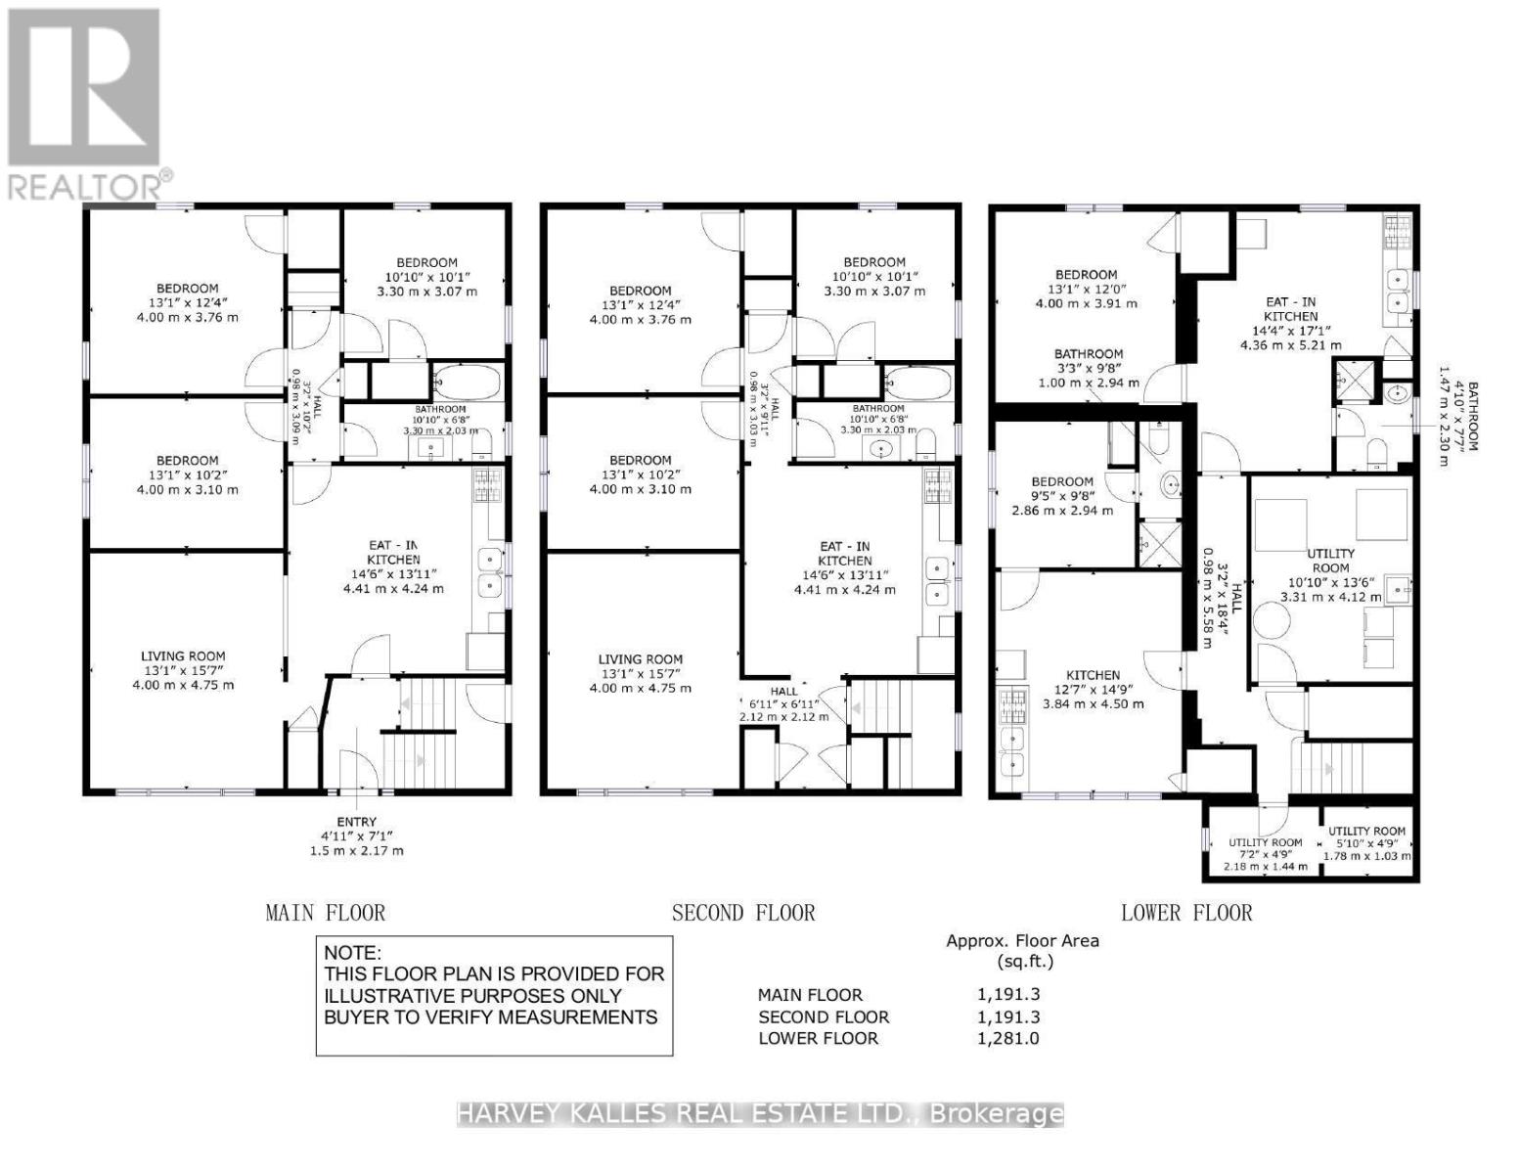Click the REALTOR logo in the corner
pos(85,103)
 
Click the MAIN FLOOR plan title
pos(325,913)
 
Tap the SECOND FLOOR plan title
pos(742,913)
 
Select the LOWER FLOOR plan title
pos(1185,913)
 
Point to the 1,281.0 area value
pos(1007,1038)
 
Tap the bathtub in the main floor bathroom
pos(467,383)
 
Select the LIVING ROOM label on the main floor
pos(183,656)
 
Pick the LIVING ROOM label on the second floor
pos(640,659)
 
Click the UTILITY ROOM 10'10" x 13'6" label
pos(1330,554)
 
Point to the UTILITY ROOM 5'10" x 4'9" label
pos(1366,831)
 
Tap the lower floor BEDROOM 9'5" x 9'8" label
pos(1062,481)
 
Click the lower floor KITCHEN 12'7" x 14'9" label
pos(1093,675)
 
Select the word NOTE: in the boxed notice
pos(353,953)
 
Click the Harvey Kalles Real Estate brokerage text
pos(759,1113)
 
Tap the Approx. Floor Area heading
pos(1022,941)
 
